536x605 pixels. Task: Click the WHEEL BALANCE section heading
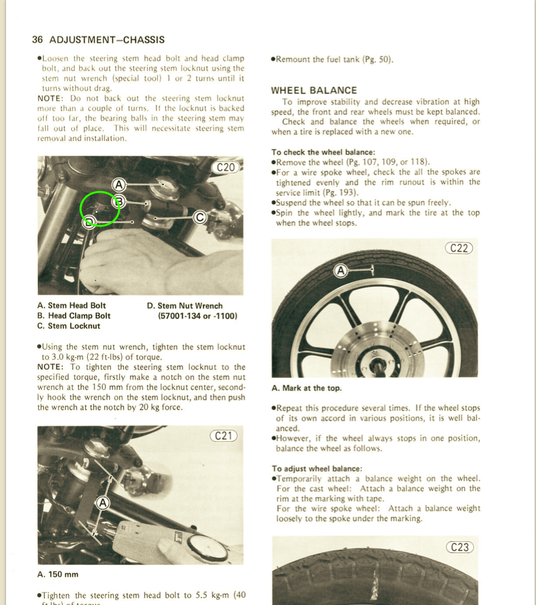(314, 91)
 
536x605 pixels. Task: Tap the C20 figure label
(226, 167)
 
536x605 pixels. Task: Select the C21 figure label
(223, 436)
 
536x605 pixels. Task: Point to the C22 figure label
(459, 249)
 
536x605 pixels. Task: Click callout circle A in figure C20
(119, 185)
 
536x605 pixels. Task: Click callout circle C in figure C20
(200, 217)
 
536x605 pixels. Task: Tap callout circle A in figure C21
(103, 503)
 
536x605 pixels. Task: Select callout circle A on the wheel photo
(341, 271)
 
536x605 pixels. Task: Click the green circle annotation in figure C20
(100, 209)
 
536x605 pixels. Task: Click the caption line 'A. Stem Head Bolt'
(72, 306)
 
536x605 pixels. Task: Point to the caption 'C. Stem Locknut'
(69, 326)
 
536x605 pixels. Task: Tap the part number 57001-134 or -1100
(197, 316)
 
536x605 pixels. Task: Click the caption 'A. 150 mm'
(58, 574)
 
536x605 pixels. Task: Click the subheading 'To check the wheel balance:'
(323, 152)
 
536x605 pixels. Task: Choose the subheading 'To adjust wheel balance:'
(317, 468)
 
